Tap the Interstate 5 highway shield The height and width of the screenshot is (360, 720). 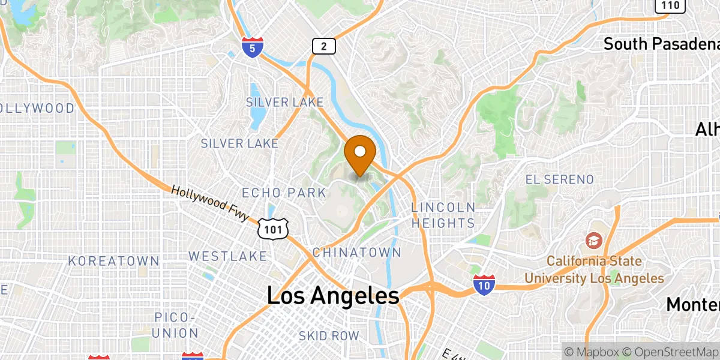(252, 47)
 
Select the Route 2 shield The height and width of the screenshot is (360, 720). (323, 46)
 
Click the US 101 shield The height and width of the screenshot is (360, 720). (274, 229)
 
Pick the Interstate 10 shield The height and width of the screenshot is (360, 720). (484, 285)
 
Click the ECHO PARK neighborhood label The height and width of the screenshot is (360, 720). (284, 193)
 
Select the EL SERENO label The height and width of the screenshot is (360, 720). (559, 179)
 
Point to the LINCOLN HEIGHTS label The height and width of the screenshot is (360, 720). (443, 215)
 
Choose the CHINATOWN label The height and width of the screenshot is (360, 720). (356, 252)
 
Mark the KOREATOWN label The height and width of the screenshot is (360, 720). (113, 261)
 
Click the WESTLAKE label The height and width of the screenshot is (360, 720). (227, 256)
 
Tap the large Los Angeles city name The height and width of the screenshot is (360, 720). (333, 296)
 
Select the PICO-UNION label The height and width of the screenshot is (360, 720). (176, 325)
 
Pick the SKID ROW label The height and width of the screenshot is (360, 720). (329, 336)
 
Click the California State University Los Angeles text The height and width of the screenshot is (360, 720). (594, 270)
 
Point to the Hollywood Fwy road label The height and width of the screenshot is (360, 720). (209, 204)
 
